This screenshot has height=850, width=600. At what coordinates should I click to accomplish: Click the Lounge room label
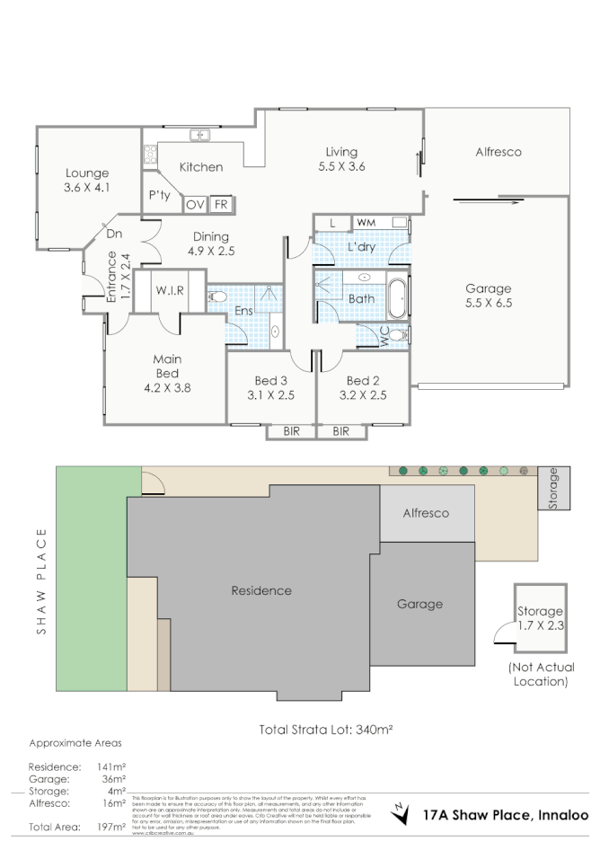87,173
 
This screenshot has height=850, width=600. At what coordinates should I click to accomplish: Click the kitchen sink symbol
199,136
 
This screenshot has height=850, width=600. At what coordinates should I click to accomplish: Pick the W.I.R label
170,290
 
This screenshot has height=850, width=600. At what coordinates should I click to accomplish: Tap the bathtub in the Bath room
399,296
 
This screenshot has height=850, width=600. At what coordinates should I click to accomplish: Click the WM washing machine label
366,221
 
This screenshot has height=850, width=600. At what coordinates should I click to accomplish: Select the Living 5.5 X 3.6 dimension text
341,166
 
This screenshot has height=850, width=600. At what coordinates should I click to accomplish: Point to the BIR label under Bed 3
291,431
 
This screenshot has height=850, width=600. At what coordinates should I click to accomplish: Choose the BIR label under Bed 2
341,431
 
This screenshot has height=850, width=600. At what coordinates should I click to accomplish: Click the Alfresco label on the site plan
425,513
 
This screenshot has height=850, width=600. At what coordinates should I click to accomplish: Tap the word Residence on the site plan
261,590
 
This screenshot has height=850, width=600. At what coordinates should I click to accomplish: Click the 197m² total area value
110,826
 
